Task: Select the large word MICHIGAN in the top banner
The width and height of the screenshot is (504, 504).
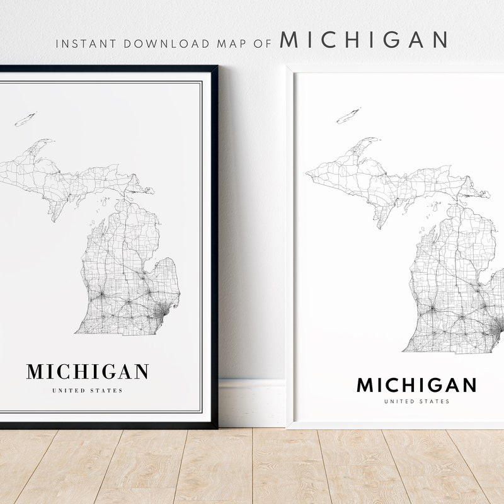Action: pos(363,40)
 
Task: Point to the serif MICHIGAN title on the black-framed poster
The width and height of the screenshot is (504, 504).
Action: pos(88,372)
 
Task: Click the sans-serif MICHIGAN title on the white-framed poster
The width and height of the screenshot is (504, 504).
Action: pos(416,385)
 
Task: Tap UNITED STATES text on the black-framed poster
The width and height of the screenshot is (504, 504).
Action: pos(88,391)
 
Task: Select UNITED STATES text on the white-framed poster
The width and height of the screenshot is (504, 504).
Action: pos(416,401)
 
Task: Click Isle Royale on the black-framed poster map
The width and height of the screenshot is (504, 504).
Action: pos(26,119)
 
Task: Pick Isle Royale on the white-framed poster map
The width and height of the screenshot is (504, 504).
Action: pos(348,116)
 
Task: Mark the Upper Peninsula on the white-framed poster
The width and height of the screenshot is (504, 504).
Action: pos(391,183)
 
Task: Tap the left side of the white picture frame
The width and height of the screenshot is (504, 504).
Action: pos(290,252)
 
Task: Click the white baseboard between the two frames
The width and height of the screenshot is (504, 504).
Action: pos(251,403)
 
